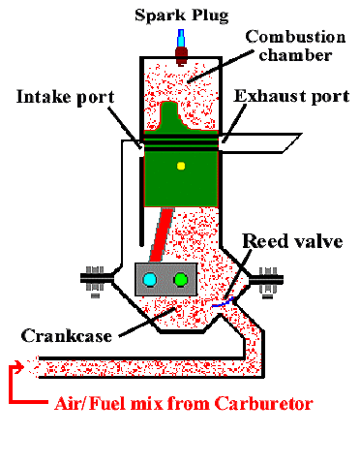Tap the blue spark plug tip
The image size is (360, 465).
180,39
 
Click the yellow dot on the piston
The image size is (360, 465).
180,166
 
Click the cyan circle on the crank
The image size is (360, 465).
151,281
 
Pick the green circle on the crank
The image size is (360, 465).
181,281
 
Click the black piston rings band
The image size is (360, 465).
180,139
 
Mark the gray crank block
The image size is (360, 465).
165,280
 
